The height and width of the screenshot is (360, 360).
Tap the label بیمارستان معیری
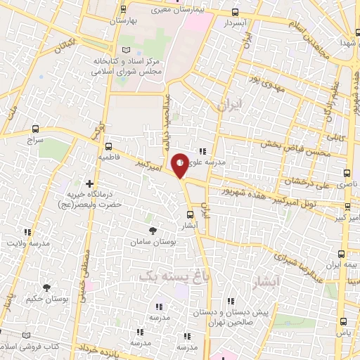point(176,11)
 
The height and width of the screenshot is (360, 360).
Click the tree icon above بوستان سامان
point(152,230)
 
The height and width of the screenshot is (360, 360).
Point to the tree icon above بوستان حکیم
point(46,288)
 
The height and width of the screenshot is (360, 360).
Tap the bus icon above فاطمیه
point(108,147)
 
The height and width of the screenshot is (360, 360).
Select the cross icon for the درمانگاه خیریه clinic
point(89,184)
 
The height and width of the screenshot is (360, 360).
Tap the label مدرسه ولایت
point(29,243)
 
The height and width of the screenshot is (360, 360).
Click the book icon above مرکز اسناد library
point(126,50)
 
